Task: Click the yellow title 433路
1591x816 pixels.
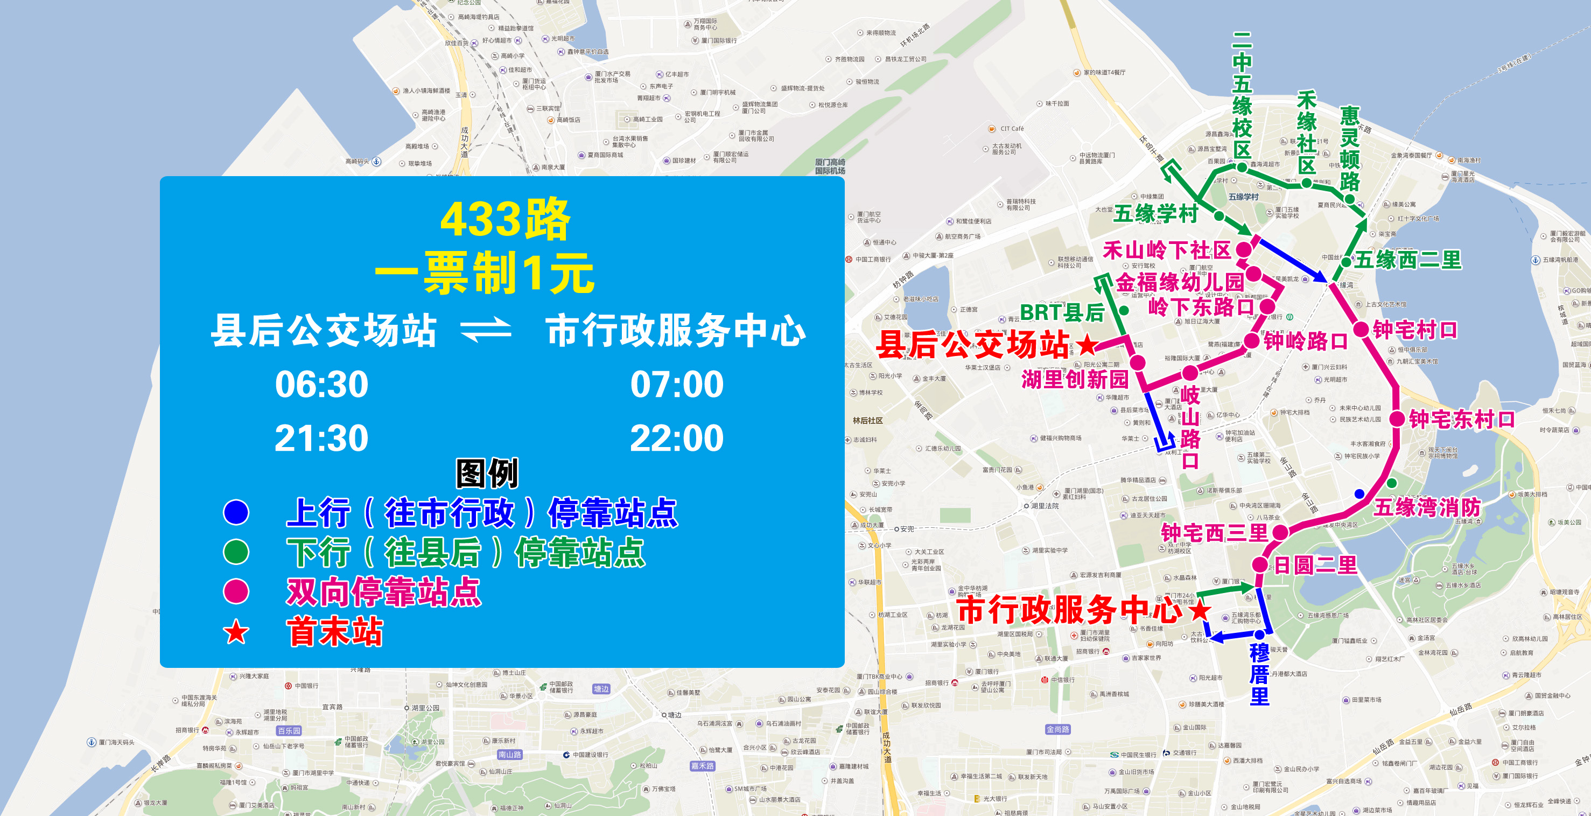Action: [x=504, y=219]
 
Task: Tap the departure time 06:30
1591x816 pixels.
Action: [x=321, y=384]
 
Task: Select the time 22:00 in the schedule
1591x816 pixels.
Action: [x=676, y=438]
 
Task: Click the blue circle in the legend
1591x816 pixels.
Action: [x=236, y=512]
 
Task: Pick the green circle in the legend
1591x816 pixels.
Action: [x=236, y=552]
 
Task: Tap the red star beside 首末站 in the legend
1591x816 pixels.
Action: [x=236, y=632]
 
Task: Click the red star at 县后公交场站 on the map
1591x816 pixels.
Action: [x=1087, y=344]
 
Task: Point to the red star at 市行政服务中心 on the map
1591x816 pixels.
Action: [x=1200, y=610]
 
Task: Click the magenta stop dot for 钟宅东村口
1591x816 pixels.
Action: [x=1397, y=419]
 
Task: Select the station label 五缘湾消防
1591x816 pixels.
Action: [x=1427, y=507]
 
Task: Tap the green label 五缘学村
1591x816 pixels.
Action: [x=1155, y=214]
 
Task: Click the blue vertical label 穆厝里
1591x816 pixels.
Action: [x=1259, y=674]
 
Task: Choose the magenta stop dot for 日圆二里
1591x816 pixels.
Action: [x=1260, y=564]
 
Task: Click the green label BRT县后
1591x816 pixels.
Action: [x=1062, y=312]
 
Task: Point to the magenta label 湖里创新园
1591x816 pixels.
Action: [x=1075, y=379]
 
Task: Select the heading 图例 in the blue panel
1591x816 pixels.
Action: [x=487, y=474]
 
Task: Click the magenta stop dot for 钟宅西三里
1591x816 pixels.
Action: [x=1280, y=532]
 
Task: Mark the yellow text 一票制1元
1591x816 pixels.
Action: [x=485, y=273]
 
